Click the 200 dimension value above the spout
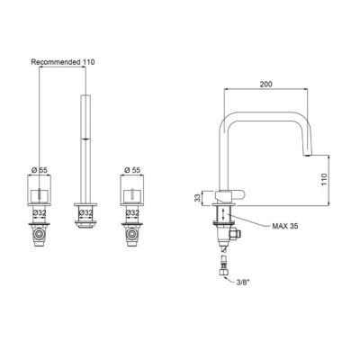(266, 85)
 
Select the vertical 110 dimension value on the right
(325, 179)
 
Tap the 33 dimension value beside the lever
(197, 198)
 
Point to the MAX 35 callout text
(285, 226)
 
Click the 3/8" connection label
(242, 283)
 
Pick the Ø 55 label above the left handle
(40, 170)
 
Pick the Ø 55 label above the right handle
(132, 170)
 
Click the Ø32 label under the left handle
(40, 212)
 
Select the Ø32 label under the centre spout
(85, 212)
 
